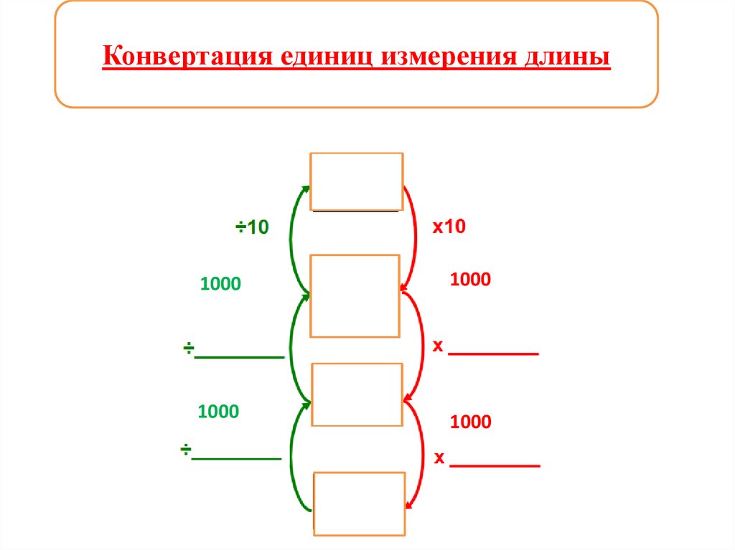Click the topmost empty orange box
[x=356, y=181]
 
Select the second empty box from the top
[x=355, y=295]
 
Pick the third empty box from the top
[x=357, y=394]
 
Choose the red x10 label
[x=449, y=227]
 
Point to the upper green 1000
[x=221, y=284]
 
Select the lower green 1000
[x=218, y=412]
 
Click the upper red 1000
[x=471, y=280]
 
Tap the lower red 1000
[x=471, y=422]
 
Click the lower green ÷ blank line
[x=237, y=457]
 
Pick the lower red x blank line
[x=495, y=466]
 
